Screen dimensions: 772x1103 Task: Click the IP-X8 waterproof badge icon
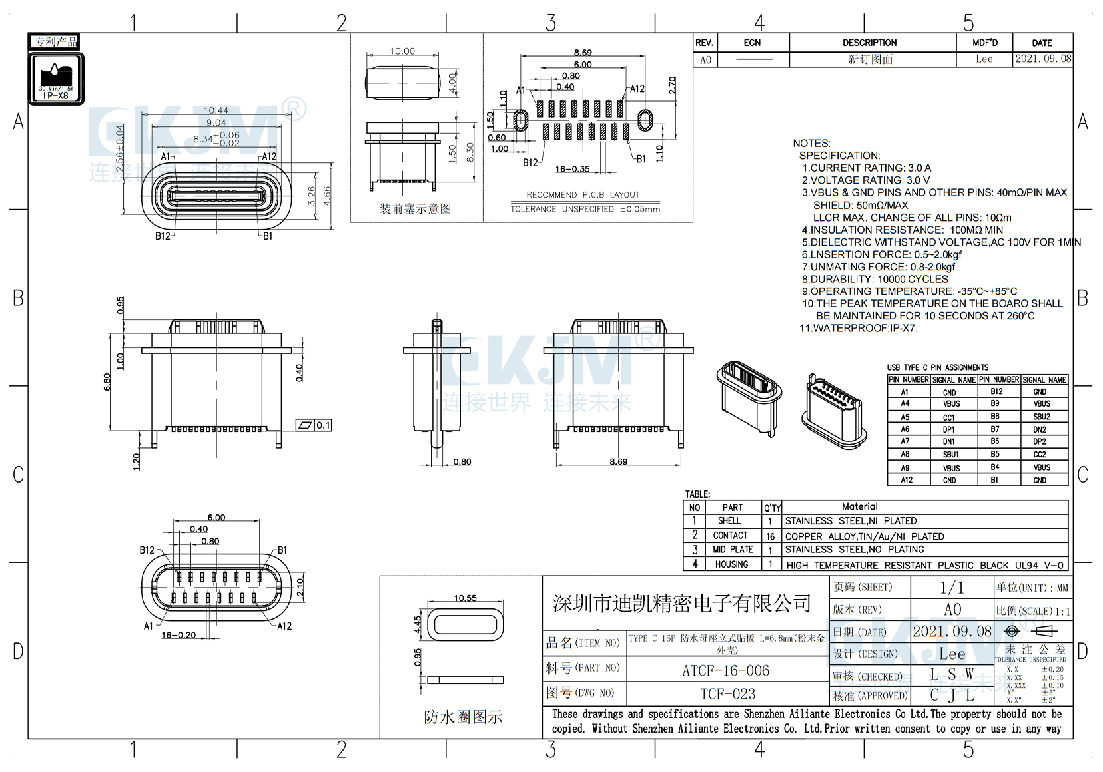(x=56, y=78)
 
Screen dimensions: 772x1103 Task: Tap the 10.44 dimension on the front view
(x=216, y=110)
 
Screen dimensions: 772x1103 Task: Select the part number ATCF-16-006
(x=725, y=670)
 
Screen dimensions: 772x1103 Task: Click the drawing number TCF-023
(x=727, y=694)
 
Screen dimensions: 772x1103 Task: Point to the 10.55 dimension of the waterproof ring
(x=465, y=598)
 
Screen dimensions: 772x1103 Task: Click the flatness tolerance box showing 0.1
(x=314, y=425)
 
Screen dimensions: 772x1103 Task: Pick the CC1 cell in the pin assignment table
(x=948, y=417)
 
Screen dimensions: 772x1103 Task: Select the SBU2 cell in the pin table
(x=1041, y=417)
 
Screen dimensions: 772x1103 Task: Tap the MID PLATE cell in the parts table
(x=732, y=550)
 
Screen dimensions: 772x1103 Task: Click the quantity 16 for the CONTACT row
(x=771, y=536)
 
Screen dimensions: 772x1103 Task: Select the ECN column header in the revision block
(x=752, y=43)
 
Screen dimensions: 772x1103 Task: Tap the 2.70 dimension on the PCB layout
(x=673, y=85)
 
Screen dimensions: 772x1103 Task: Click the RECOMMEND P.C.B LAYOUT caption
(x=583, y=195)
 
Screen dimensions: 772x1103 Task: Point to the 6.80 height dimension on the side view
(x=108, y=381)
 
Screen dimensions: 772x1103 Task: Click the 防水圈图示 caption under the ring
(x=463, y=717)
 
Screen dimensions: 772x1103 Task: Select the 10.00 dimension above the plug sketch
(x=402, y=51)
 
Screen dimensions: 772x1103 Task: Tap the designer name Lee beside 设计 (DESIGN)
(x=952, y=654)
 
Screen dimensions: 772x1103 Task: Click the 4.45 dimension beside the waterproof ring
(x=418, y=624)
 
